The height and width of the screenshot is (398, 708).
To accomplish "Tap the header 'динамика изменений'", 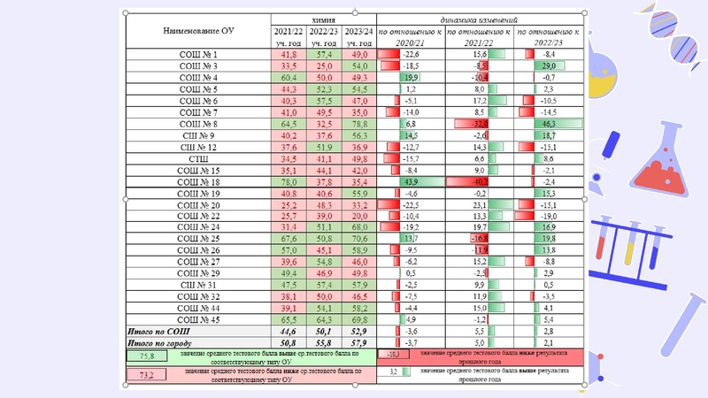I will pyautogui.click(x=479, y=18).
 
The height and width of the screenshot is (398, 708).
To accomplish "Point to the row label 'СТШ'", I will pyautogui.click(x=198, y=157).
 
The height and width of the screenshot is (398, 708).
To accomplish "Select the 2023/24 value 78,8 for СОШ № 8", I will pyautogui.click(x=358, y=124).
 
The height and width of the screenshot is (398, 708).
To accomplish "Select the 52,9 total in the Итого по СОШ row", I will pyautogui.click(x=358, y=330).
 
